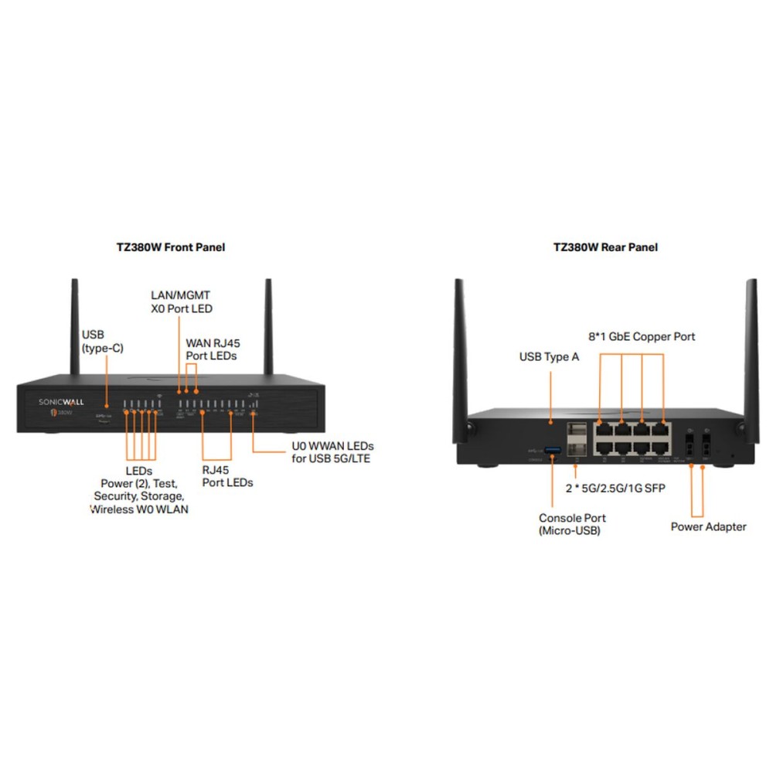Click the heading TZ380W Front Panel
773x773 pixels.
pyautogui.click(x=170, y=247)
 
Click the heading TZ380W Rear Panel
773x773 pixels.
pyautogui.click(x=605, y=247)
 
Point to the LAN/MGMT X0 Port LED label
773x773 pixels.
pyautogui.click(x=181, y=302)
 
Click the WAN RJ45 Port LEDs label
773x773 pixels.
pyautogui.click(x=211, y=349)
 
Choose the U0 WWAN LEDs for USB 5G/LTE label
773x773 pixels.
pyautogui.click(x=332, y=453)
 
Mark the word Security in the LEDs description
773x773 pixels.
pyautogui.click(x=114, y=495)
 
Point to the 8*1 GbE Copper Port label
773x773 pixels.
pyautogui.click(x=642, y=336)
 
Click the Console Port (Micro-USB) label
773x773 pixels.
pyautogui.click(x=572, y=523)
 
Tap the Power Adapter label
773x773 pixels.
pyautogui.click(x=708, y=526)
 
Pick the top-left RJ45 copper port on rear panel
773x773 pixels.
pyautogui.click(x=603, y=429)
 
